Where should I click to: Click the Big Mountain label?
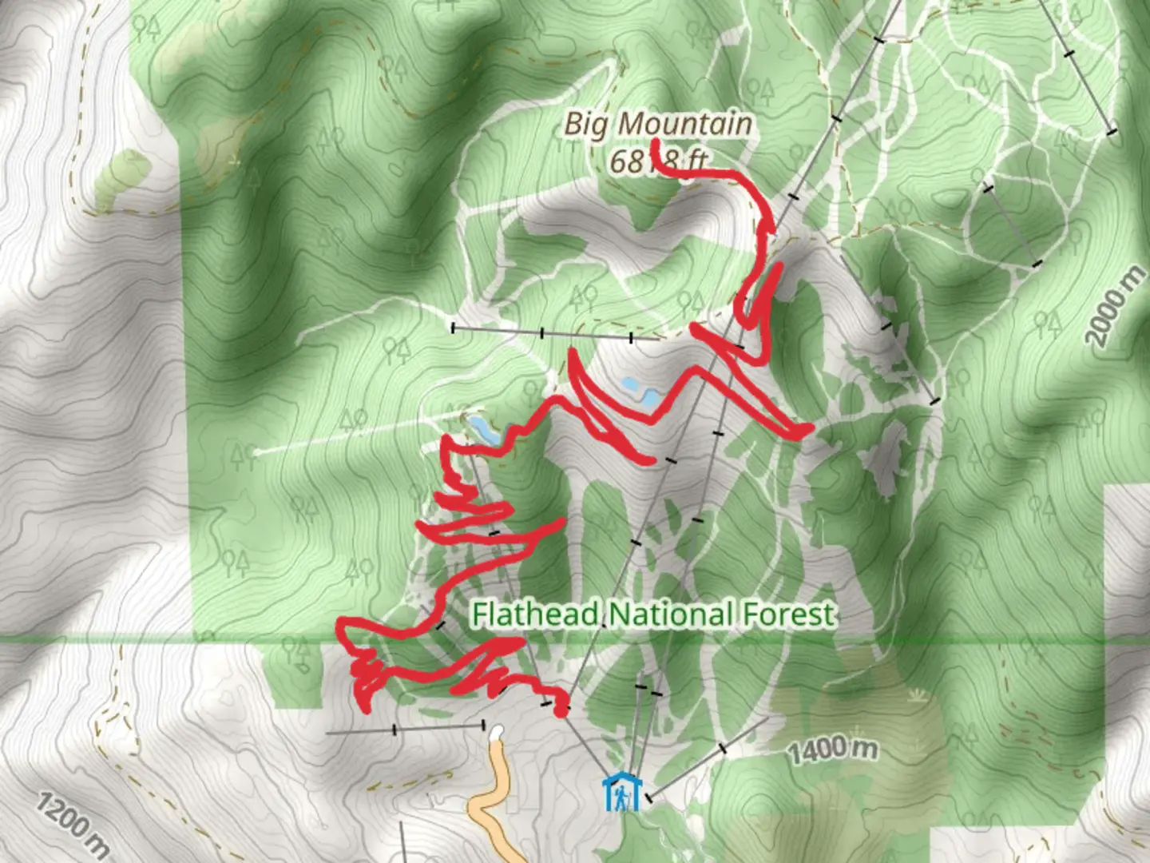tap(658, 124)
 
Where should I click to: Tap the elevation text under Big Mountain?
tap(658, 161)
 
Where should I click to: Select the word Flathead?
tap(534, 614)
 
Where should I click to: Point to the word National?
tap(672, 614)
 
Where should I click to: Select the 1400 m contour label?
tap(833, 750)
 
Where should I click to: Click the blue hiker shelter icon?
tap(621, 792)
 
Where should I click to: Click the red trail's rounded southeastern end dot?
tap(562, 709)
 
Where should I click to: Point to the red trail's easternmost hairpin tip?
tap(807, 431)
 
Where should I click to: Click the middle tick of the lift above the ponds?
tap(542, 332)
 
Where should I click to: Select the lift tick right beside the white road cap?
tap(483, 725)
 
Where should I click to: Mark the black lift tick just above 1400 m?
tap(723, 749)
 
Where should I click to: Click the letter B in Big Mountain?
tap(573, 124)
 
